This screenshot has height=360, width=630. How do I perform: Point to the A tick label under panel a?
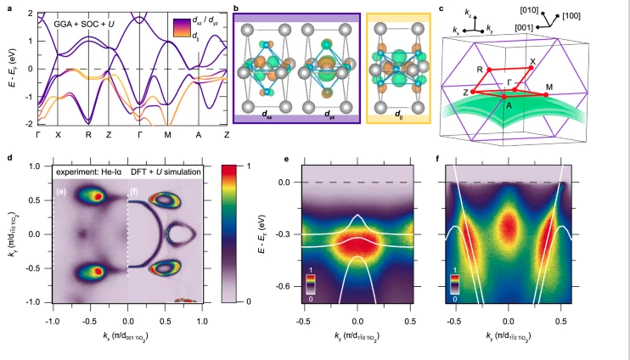pos(197,134)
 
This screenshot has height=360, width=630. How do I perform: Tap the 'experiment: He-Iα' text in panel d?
pos(86,173)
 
